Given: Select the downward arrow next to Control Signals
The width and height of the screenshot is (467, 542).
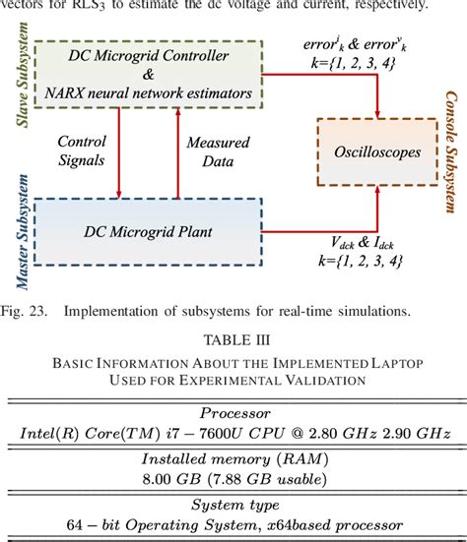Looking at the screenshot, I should [x=120, y=152].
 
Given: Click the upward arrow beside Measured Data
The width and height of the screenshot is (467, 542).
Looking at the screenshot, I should [x=177, y=152].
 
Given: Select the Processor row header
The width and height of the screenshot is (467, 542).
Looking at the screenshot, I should [x=233, y=413].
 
